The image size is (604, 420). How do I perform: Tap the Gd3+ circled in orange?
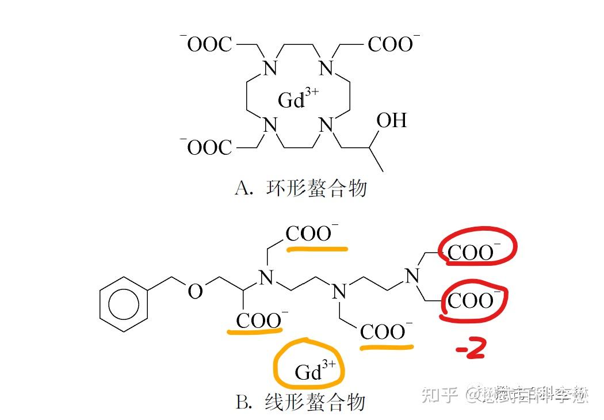coord(311,369)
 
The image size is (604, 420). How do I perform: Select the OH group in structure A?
coord(391,120)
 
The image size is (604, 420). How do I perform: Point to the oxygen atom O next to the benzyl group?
coord(196,292)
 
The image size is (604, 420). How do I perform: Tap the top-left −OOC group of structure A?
coord(207,44)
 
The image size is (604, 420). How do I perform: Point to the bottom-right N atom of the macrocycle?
coord(326,124)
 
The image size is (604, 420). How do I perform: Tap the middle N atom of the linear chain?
coord(339,292)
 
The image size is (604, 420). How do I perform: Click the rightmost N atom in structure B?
coord(412,276)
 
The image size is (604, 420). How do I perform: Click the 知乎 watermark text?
coord(439,395)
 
